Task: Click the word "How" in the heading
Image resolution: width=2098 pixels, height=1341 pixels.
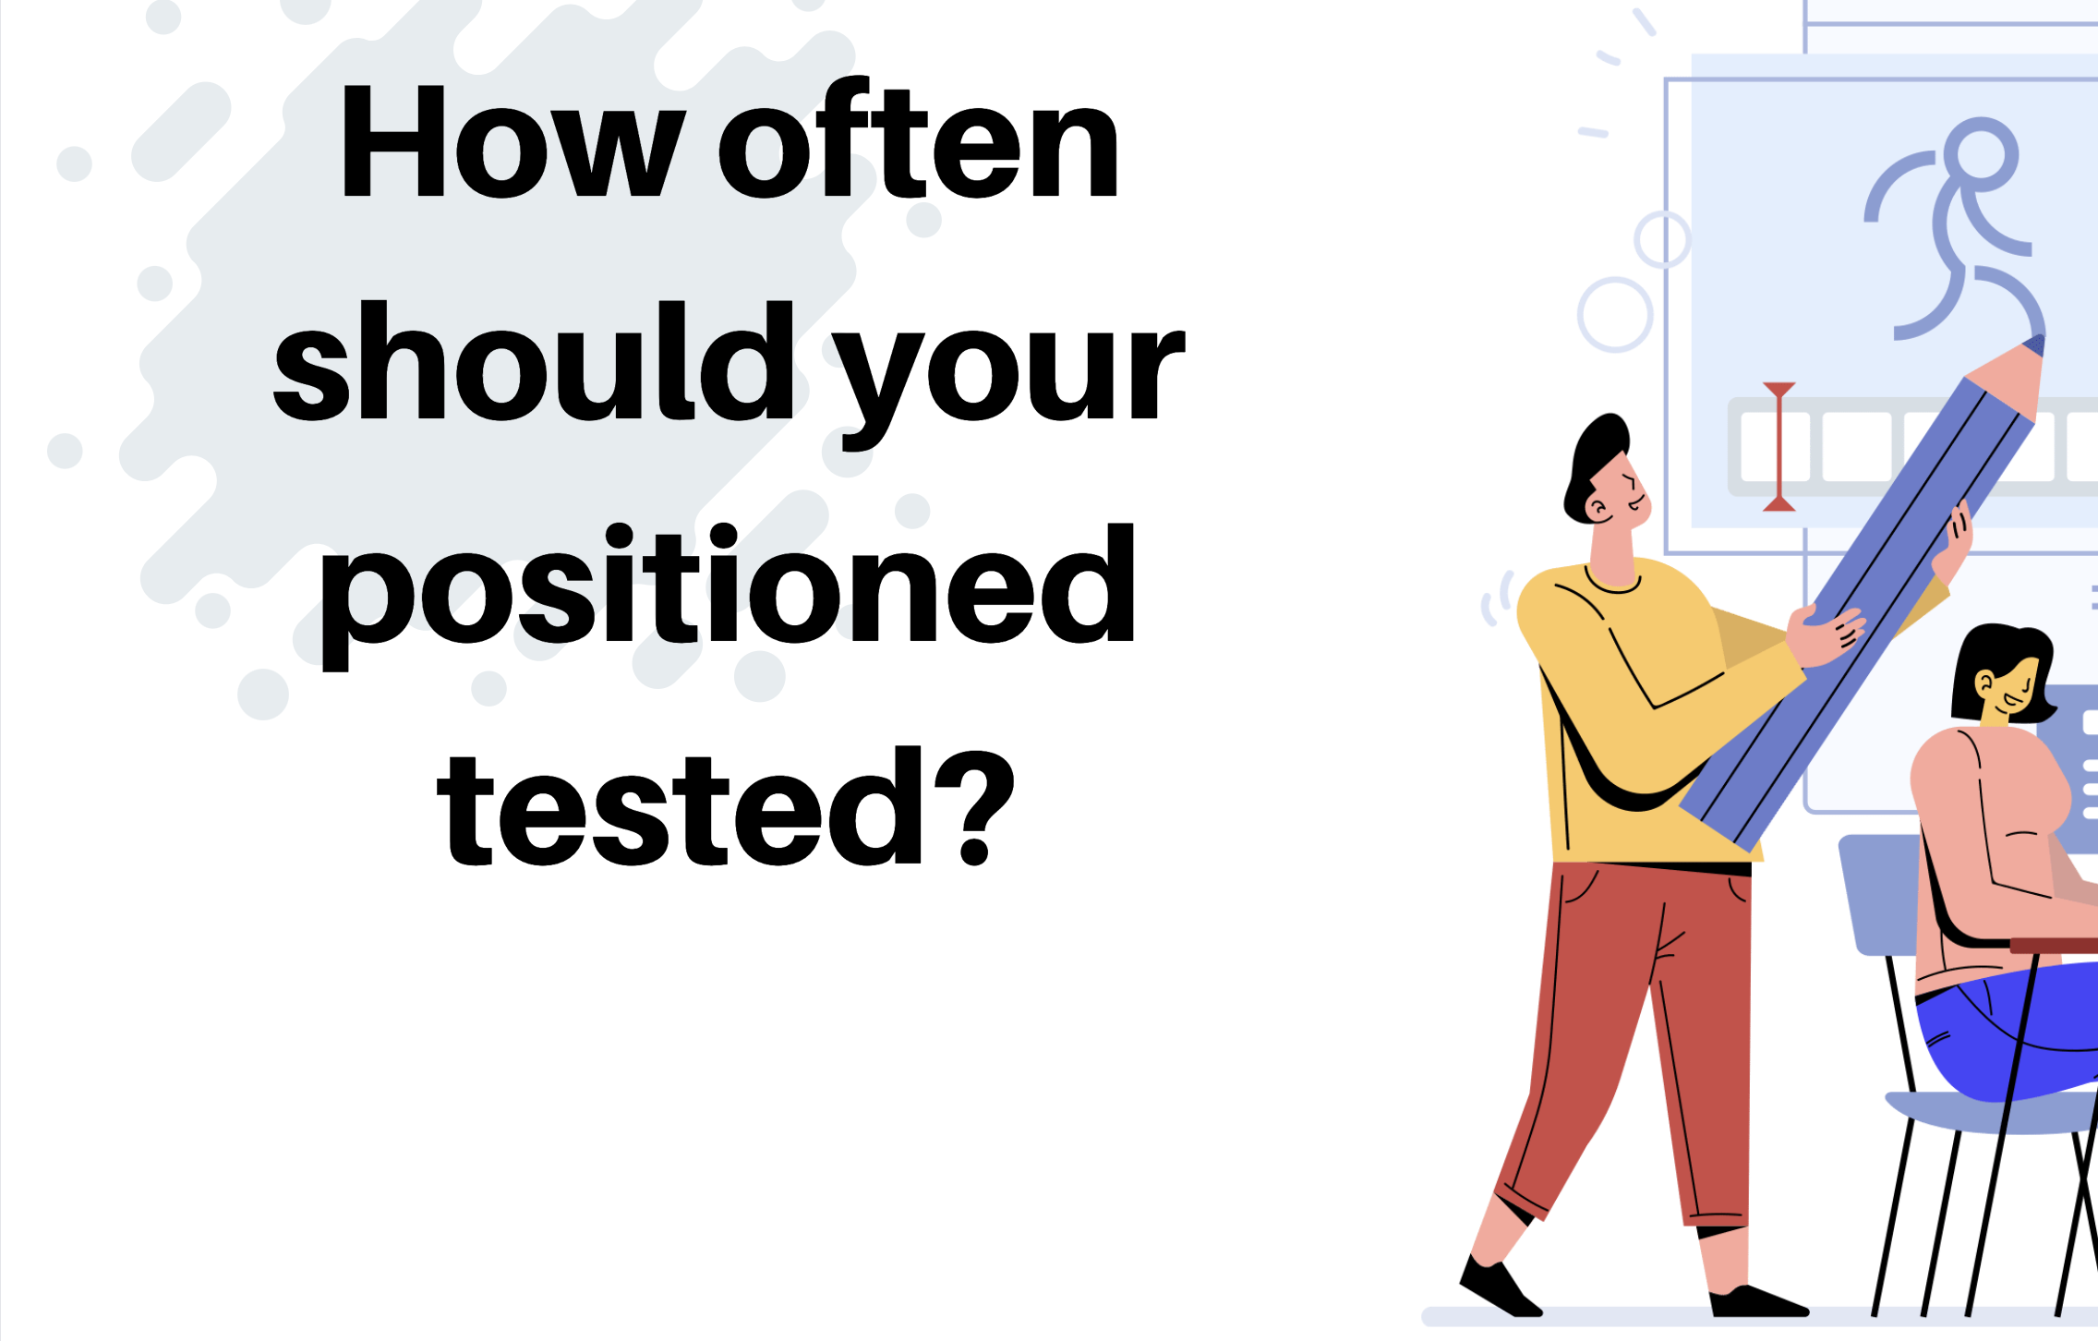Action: (x=513, y=140)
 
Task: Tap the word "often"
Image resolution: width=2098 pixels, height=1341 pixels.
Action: (x=918, y=139)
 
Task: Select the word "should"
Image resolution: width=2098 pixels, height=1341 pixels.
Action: (x=534, y=361)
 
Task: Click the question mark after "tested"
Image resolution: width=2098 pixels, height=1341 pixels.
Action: (x=974, y=806)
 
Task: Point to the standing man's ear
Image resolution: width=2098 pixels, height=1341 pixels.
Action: (x=1597, y=507)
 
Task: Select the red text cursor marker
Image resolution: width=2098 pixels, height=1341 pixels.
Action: (x=1778, y=447)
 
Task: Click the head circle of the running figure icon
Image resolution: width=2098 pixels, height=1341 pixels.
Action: (x=1981, y=154)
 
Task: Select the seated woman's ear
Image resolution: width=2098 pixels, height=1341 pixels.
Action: (x=1984, y=684)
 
